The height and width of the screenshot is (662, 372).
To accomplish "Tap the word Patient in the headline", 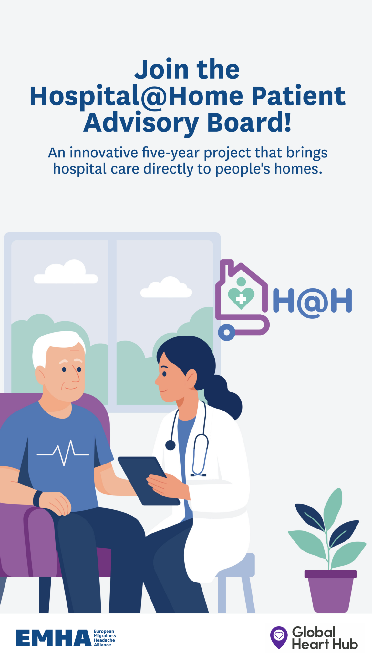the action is click(x=299, y=96).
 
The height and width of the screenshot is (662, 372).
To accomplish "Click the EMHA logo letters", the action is click(x=54, y=638).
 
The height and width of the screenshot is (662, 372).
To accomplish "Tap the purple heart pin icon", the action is click(x=279, y=637).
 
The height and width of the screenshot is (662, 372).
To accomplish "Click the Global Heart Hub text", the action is click(x=325, y=638).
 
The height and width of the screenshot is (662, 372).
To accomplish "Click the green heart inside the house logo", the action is click(x=241, y=297).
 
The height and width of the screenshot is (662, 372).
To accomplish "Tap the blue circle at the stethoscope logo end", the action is click(x=227, y=332).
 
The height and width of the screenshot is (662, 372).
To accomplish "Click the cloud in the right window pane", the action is click(x=166, y=287).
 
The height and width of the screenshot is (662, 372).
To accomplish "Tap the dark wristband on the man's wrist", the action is click(x=38, y=499).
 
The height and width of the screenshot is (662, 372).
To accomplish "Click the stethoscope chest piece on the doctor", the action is click(x=170, y=445).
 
